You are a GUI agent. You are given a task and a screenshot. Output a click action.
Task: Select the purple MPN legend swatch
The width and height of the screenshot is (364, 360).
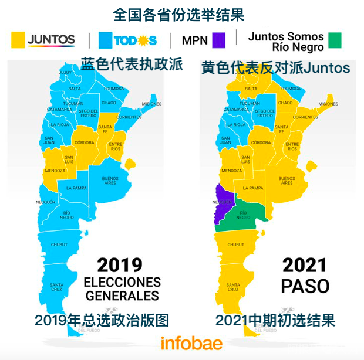pyautogui.click(x=218, y=40)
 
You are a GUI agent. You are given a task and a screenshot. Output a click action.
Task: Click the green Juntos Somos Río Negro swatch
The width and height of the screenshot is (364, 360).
pyautogui.click(x=334, y=40)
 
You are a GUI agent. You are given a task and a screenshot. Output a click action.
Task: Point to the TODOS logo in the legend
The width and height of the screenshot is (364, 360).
pyautogui.click(x=127, y=40)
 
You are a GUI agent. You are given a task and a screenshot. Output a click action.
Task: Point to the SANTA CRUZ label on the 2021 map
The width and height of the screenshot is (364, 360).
pyautogui.click(x=233, y=287)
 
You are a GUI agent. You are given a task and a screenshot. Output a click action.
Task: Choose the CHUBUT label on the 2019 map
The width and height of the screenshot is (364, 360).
pyautogui.click(x=60, y=244)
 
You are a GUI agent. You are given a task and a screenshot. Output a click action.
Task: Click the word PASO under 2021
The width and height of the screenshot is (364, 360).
pyautogui.click(x=305, y=286)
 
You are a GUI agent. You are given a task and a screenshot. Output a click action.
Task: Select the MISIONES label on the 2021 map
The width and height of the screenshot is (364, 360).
pyautogui.click(x=328, y=104)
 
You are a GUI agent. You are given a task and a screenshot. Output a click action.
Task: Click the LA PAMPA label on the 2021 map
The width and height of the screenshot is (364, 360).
pyautogui.click(x=253, y=188)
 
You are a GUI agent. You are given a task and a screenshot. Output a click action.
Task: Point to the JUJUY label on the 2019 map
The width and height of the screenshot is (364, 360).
pyautogui.click(x=65, y=72)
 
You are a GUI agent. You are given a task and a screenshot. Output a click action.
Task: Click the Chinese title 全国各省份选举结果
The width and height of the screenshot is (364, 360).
pyautogui.click(x=178, y=14)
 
